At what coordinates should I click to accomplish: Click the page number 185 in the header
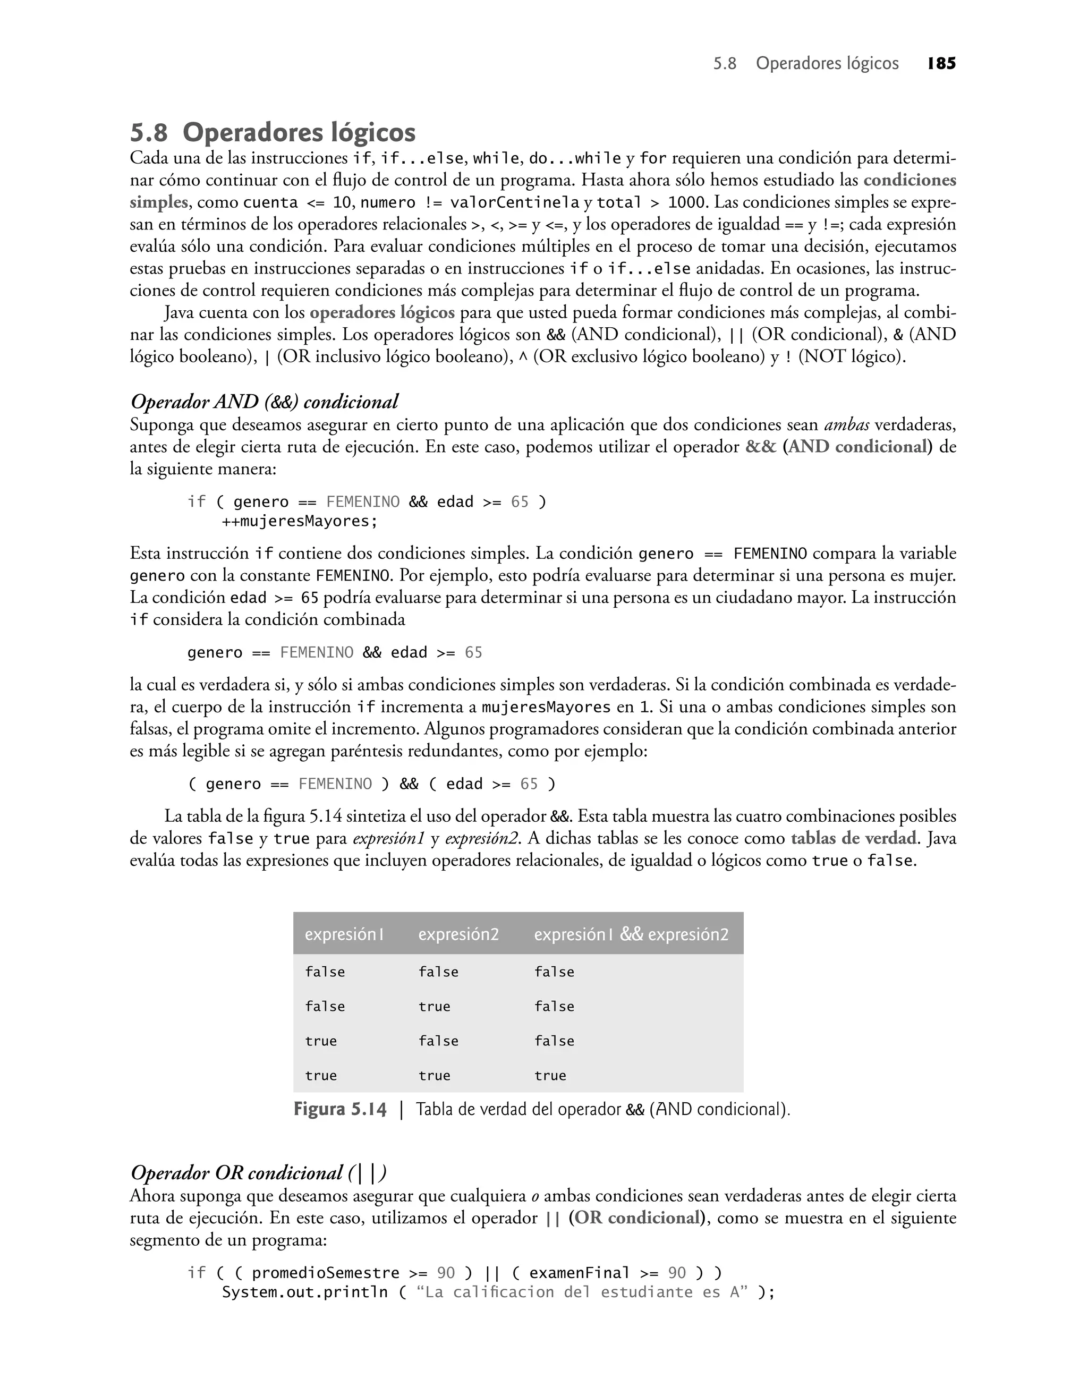pyautogui.click(x=941, y=64)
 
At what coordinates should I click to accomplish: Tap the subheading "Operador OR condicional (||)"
pyautogui.click(x=259, y=1173)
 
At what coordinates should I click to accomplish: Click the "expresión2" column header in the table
pyautogui.click(x=458, y=934)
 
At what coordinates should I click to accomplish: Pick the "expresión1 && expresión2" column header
pyautogui.click(x=631, y=934)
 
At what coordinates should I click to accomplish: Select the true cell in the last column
pyautogui.click(x=550, y=1076)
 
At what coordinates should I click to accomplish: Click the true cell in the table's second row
pyautogui.click(x=435, y=1007)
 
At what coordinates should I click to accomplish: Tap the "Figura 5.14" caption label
pyautogui.click(x=339, y=1110)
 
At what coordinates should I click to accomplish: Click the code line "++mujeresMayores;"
pyautogui.click(x=300, y=522)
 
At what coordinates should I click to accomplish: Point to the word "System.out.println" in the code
pyautogui.click(x=304, y=1292)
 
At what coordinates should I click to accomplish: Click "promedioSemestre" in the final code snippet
pyautogui.click(x=326, y=1273)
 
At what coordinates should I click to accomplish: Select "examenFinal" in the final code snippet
pyautogui.click(x=579, y=1273)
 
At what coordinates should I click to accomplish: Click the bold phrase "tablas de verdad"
pyautogui.click(x=854, y=838)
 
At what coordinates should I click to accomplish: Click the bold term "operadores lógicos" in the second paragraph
pyautogui.click(x=382, y=313)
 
